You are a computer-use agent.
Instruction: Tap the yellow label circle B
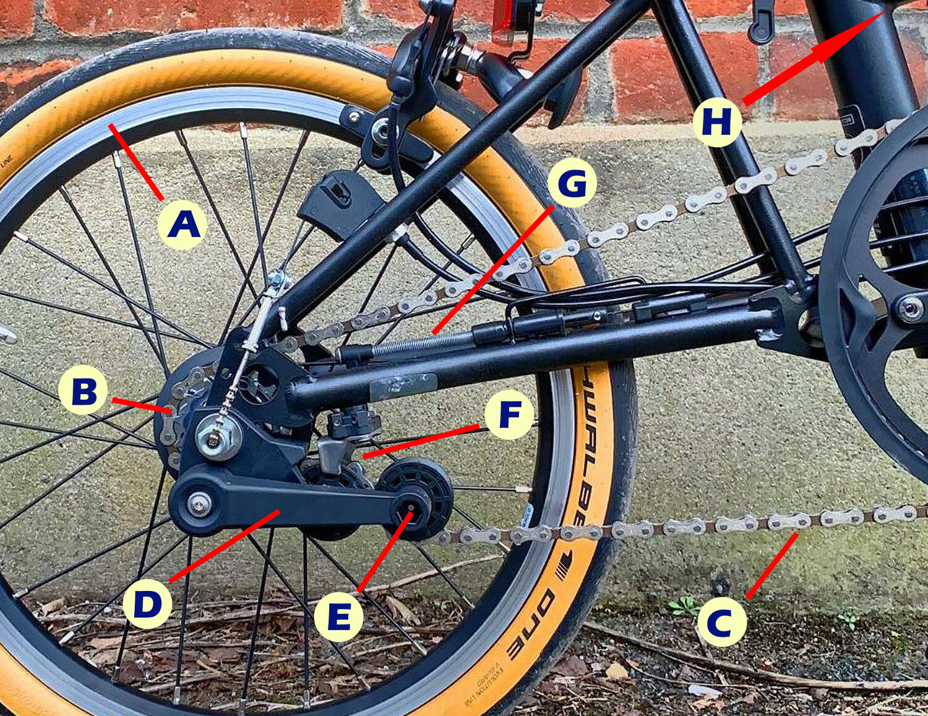pos(84,390)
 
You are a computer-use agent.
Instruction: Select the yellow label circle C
pos(721,622)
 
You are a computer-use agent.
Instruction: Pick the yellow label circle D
pos(147,604)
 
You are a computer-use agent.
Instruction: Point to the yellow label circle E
pos(338,617)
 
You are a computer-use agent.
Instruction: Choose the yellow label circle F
pos(509,415)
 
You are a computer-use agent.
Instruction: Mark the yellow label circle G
pos(572,183)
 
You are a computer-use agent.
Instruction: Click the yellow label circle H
pos(717,122)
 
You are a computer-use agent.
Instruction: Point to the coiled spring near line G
pos(421,343)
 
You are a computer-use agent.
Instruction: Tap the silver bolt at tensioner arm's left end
pos(198,504)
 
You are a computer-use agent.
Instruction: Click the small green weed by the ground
pos(684,605)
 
